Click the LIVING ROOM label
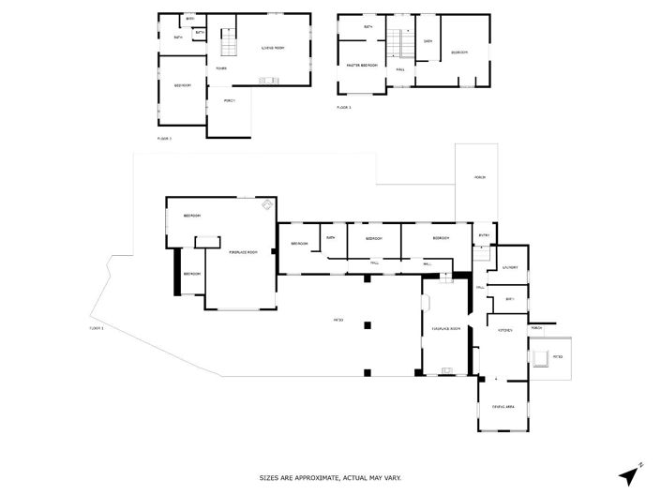273,48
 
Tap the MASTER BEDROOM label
361,66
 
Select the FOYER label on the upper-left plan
221,68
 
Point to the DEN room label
428,41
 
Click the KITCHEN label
503,330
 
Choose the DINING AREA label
504,406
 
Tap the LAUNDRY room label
510,268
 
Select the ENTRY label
484,235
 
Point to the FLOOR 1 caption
96,328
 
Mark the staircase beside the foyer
225,42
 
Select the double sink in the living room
270,80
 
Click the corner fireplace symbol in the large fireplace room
267,203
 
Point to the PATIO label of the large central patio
338,321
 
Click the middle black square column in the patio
368,324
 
